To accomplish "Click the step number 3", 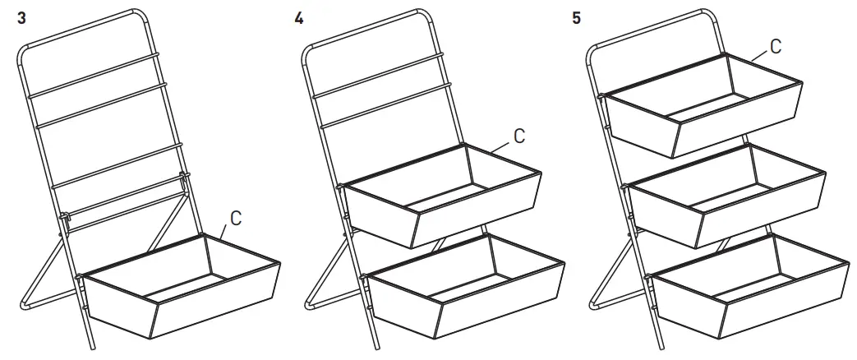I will click(x=21, y=18).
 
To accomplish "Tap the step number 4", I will click(x=298, y=18).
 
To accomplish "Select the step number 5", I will click(x=577, y=18).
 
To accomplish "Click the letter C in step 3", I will click(x=235, y=219).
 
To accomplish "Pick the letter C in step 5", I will click(x=776, y=44).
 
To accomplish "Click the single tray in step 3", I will click(x=181, y=288).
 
